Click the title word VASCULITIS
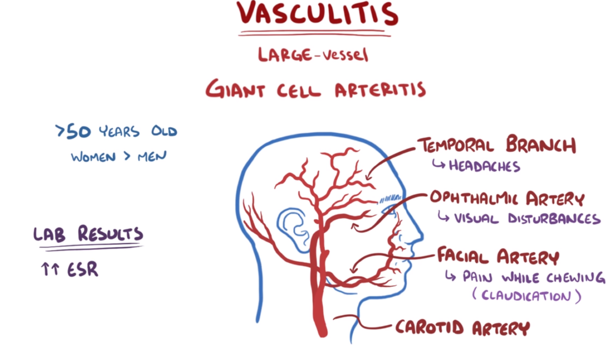tap(316, 14)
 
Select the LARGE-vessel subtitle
tap(313, 55)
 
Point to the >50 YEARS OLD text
tap(115, 132)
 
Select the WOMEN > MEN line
tap(119, 156)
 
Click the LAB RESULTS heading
tap(88, 234)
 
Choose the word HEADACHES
tap(484, 165)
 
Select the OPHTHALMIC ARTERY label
tap(507, 199)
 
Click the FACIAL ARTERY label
tap(498, 256)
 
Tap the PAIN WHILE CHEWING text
tap(534, 277)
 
